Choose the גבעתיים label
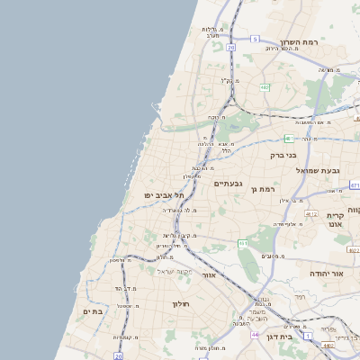point(227,184)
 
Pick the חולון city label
point(184,304)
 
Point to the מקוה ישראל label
point(175,271)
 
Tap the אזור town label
point(209,275)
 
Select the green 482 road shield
point(265,87)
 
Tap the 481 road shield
point(288,139)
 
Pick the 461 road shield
point(243,243)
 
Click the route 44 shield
point(255,335)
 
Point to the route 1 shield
point(306,335)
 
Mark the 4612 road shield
point(311,213)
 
